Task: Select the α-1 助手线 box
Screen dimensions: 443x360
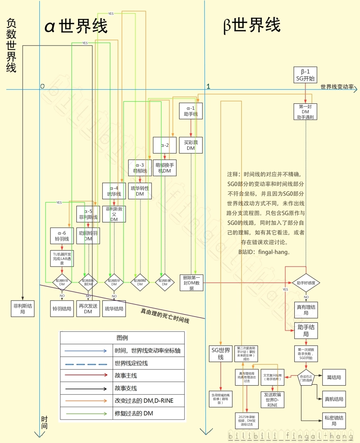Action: (191, 111)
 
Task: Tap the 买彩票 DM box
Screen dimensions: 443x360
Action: (191, 145)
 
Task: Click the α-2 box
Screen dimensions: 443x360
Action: (165, 145)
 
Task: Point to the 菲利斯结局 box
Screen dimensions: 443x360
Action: (22, 308)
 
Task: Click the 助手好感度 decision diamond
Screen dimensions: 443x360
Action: (306, 283)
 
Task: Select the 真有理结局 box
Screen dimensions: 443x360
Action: (306, 310)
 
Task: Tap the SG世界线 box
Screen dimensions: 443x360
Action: (221, 354)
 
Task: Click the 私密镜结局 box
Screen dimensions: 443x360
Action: (334, 420)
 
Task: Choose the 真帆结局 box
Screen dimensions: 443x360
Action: (334, 399)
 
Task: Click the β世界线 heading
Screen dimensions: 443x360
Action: (252, 25)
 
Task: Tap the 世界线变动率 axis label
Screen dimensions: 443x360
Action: (337, 87)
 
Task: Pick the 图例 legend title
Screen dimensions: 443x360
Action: (122, 338)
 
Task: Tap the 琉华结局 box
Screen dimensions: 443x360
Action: (114, 308)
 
